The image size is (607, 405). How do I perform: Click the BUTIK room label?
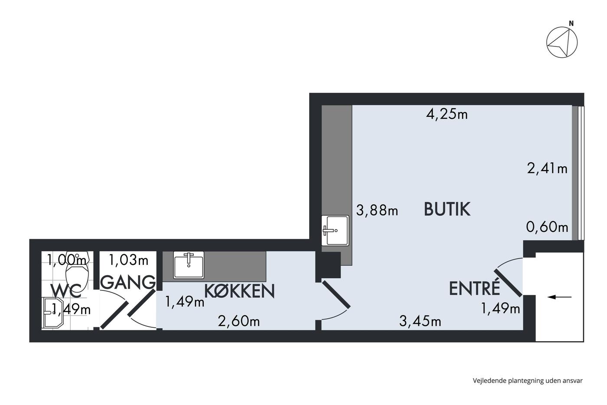tap(447, 209)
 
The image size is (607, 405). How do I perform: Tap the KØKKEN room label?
tap(239, 291)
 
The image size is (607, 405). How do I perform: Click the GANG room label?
tap(130, 282)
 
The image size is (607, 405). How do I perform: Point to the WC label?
tap(66, 291)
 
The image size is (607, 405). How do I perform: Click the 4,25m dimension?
tap(447, 114)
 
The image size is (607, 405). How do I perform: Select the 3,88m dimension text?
tap(377, 210)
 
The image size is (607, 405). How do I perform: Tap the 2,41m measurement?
tap(547, 168)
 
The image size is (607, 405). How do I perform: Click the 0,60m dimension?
tap(547, 227)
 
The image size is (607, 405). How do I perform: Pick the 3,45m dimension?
tap(420, 321)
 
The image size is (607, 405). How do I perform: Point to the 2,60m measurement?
tap(239, 322)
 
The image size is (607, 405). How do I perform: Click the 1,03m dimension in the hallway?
tap(128, 260)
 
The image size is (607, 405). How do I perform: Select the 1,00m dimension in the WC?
tap(67, 260)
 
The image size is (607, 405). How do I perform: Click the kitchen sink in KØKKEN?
tap(189, 265)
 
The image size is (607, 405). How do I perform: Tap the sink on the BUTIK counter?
tap(335, 230)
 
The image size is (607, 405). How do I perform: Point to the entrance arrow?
tap(559, 297)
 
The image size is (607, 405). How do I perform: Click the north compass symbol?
tap(562, 42)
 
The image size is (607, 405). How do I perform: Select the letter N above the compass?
tap(571, 23)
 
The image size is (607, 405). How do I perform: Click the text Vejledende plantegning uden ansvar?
tap(528, 381)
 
